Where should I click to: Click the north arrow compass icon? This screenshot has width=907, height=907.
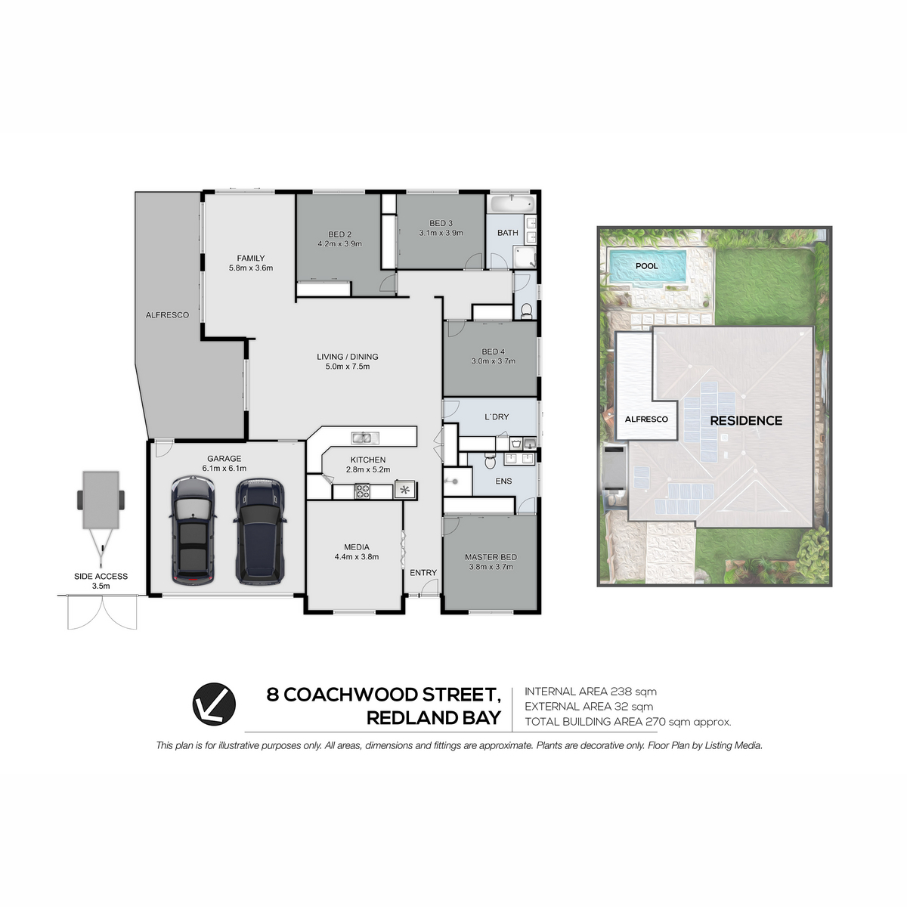point(214,704)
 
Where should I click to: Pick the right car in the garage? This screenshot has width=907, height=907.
point(259,532)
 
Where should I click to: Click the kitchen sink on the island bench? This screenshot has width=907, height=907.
point(365,438)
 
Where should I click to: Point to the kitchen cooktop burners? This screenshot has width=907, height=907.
point(362,491)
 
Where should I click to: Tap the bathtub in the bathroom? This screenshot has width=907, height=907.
point(511,204)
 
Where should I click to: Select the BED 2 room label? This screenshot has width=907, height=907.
point(340,234)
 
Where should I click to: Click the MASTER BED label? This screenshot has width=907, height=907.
point(491,557)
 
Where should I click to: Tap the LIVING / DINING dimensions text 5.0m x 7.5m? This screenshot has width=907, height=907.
point(348,367)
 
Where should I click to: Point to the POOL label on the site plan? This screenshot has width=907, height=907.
point(647,266)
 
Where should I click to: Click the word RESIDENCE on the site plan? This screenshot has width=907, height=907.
point(746,421)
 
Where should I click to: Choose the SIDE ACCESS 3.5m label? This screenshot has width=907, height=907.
point(101,580)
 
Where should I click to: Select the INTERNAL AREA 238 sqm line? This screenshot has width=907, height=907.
point(591,692)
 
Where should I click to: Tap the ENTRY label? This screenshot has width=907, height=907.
point(423,572)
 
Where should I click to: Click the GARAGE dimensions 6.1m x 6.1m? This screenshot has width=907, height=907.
point(224,469)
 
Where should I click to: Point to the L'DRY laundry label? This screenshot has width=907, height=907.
point(497,416)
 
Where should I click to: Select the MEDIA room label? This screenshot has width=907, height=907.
point(356,547)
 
